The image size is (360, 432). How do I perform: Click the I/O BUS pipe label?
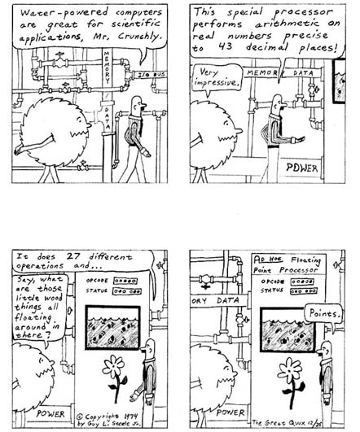[x=151, y=75]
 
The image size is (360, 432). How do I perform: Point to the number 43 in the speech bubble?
[x=225, y=47]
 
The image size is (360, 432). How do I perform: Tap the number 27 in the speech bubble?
[x=73, y=256]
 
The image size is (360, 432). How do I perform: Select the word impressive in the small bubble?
[x=216, y=82]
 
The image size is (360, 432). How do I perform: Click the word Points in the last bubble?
[x=323, y=313]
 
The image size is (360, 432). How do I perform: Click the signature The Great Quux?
[x=279, y=422]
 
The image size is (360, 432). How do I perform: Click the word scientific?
[x=135, y=24]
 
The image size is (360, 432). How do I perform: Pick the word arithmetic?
[x=287, y=24]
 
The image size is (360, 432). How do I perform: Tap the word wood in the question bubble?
[x=54, y=298]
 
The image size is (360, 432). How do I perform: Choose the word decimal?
[x=267, y=47]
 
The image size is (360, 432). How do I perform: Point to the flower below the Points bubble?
[x=292, y=382]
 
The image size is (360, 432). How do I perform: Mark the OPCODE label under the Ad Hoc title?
[x=273, y=281]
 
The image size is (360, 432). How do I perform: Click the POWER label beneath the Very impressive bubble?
[x=302, y=168]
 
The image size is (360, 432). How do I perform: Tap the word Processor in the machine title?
[x=298, y=270]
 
